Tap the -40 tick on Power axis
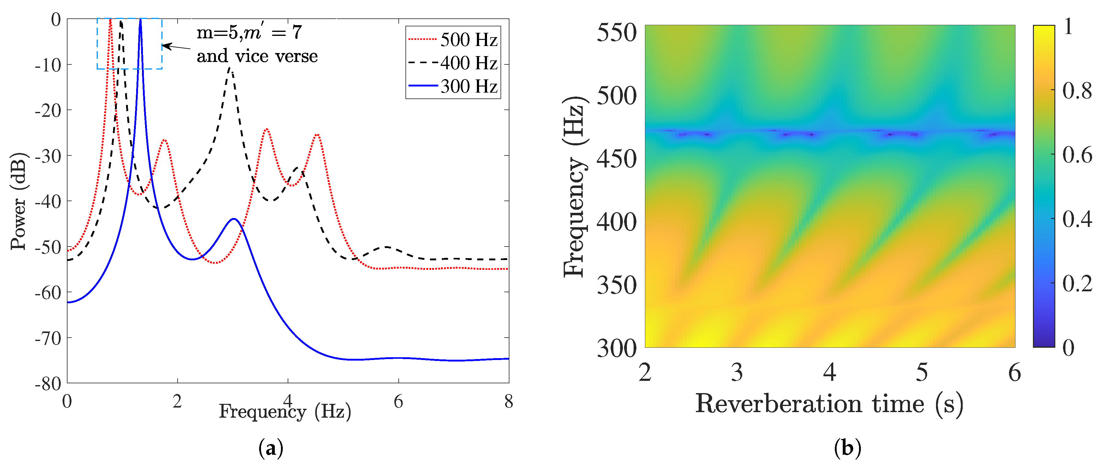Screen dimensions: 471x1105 tap(48, 201)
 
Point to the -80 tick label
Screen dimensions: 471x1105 tap(48, 384)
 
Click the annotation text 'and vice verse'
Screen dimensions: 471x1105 tap(257, 56)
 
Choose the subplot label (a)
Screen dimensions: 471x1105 tap(271, 449)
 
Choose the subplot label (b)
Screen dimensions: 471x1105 tap(847, 449)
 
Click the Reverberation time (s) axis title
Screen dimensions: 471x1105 tap(829, 404)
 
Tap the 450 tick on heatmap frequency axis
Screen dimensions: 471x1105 tap(616, 159)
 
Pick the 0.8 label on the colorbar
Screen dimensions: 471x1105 tap(1077, 90)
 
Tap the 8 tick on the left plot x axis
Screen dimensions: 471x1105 tap(509, 401)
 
